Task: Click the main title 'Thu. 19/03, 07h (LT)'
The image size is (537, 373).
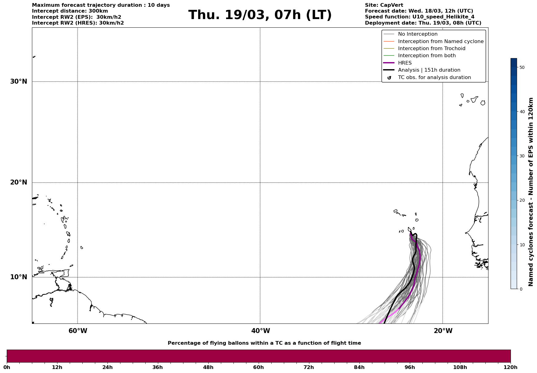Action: pyautogui.click(x=260, y=15)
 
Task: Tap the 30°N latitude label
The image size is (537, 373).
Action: pyautogui.click(x=19, y=81)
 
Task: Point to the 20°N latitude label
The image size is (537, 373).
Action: pyautogui.click(x=19, y=182)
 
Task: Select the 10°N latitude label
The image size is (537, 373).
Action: pyautogui.click(x=19, y=277)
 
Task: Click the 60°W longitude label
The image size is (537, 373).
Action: pyautogui.click(x=78, y=331)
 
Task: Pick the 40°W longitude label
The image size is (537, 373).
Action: pyautogui.click(x=260, y=331)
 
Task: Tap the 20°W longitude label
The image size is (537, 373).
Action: pyautogui.click(x=443, y=331)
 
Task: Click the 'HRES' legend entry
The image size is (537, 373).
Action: pyautogui.click(x=405, y=63)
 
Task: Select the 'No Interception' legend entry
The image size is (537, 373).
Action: pyautogui.click(x=417, y=34)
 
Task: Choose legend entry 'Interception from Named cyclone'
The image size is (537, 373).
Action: pyautogui.click(x=441, y=42)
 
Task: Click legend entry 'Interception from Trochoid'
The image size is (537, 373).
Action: pyautogui.click(x=431, y=49)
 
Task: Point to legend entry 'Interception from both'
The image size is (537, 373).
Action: pyautogui.click(x=427, y=56)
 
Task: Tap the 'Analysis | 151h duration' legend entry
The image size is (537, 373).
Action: pyautogui.click(x=429, y=70)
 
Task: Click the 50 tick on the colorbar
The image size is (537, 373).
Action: pyautogui.click(x=522, y=67)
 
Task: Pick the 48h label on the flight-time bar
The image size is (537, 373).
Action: pyautogui.click(x=208, y=367)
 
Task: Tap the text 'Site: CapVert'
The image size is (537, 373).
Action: pyautogui.click(x=384, y=5)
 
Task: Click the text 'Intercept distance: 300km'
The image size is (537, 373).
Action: pyautogui.click(x=70, y=11)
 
